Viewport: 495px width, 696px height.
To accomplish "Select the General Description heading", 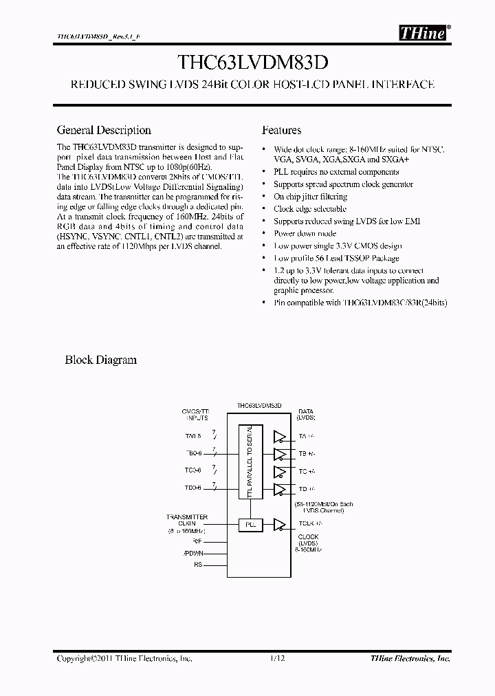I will click(x=104, y=130).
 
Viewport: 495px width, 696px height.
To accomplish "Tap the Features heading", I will click(x=281, y=130).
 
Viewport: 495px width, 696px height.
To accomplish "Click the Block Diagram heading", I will click(x=100, y=359).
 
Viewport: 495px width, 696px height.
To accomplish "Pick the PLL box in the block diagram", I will click(x=250, y=525).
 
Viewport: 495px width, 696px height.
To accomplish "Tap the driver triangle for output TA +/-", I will click(x=280, y=436).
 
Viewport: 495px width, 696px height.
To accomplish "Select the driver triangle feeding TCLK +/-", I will click(x=280, y=525).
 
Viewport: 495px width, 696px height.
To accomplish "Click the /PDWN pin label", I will click(x=193, y=553).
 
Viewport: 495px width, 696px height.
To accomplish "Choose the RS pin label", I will click(x=199, y=565).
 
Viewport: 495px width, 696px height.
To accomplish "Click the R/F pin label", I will click(x=197, y=541).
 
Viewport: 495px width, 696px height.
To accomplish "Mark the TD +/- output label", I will click(x=307, y=489).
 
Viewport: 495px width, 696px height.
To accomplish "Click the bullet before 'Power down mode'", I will click(x=265, y=234).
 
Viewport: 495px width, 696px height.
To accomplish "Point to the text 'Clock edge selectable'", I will click(x=310, y=209).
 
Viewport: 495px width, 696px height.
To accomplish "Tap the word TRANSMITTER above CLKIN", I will click(x=186, y=516).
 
